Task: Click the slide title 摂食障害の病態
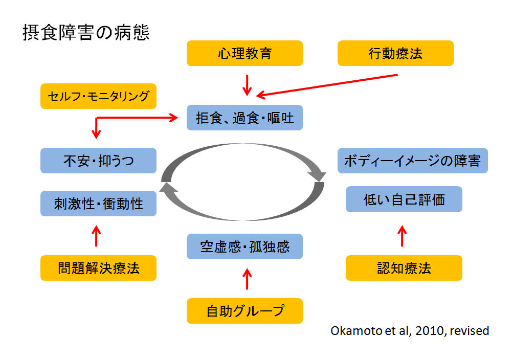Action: [x=86, y=33]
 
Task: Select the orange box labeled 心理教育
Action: [x=244, y=53]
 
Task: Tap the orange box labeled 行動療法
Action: [x=395, y=53]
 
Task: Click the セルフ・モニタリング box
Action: [x=98, y=96]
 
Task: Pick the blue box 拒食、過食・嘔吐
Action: [x=244, y=118]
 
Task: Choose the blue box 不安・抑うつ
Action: [x=98, y=161]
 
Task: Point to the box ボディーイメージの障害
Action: [x=413, y=161]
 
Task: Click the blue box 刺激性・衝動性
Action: [x=98, y=204]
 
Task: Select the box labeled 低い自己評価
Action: [x=404, y=199]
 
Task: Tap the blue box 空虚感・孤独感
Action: [x=244, y=246]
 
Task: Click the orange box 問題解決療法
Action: [x=98, y=268]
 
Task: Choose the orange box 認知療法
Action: [x=404, y=268]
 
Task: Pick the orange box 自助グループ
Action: [x=244, y=311]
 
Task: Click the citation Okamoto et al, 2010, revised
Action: [x=410, y=331]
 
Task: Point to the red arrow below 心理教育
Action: [x=247, y=85]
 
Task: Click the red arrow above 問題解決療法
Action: [x=96, y=236]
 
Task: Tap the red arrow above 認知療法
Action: [x=402, y=236]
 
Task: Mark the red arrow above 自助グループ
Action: [x=247, y=279]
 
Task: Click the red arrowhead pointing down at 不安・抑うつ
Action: [x=96, y=134]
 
